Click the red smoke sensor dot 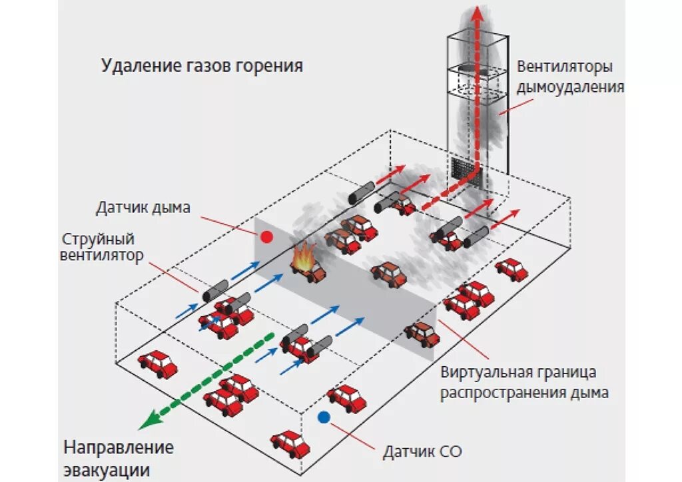pyautogui.click(x=266, y=236)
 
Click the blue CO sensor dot pyautogui.click(x=324, y=417)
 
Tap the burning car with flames pyautogui.click(x=306, y=264)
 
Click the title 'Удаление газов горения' pyautogui.click(x=202, y=66)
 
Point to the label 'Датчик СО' pyautogui.click(x=422, y=453)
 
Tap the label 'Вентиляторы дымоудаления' pyautogui.click(x=570, y=77)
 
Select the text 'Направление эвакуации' pyautogui.click(x=118, y=458)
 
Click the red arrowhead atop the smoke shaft pyautogui.click(x=476, y=13)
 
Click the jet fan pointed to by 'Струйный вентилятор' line pyautogui.click(x=216, y=291)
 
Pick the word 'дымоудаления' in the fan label pyautogui.click(x=570, y=87)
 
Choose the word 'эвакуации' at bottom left pyautogui.click(x=107, y=469)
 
